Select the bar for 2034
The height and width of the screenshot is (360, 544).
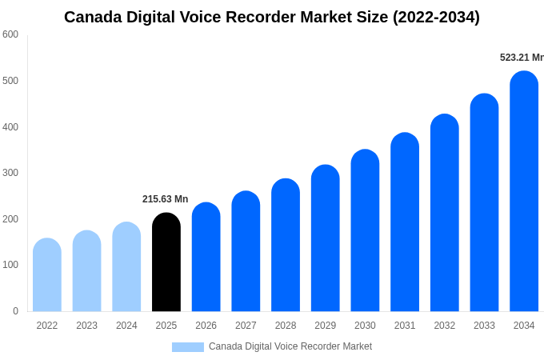(x=524, y=192)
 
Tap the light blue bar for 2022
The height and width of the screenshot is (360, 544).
(x=47, y=275)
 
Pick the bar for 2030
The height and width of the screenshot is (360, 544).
(x=365, y=231)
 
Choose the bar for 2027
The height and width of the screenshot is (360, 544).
(x=246, y=252)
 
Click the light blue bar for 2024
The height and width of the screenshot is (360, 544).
(x=126, y=267)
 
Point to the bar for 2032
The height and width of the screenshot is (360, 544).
(x=445, y=214)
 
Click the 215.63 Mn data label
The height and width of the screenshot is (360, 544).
(x=166, y=199)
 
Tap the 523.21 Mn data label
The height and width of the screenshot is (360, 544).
(x=522, y=58)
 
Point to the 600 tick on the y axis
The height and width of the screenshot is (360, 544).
(x=10, y=34)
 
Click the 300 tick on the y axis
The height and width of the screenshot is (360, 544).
(x=10, y=173)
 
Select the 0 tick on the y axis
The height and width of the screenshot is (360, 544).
(x=15, y=311)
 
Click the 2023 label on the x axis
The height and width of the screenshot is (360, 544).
(x=86, y=326)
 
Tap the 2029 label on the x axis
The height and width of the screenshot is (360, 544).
(x=325, y=326)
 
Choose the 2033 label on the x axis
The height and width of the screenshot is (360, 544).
(x=484, y=326)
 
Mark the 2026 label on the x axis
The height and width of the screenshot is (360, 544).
(x=206, y=326)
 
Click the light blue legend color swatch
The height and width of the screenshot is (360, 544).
(x=188, y=347)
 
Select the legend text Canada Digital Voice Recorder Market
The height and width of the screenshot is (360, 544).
(x=290, y=346)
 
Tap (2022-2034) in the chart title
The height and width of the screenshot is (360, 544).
(x=436, y=17)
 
